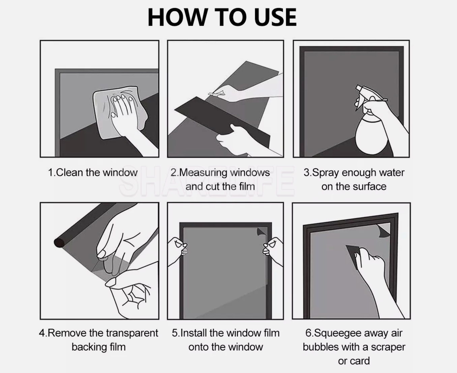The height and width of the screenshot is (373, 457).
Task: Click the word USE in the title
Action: (275, 17)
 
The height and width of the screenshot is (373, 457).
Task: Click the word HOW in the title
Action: (177, 17)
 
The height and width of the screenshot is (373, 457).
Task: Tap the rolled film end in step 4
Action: (59, 243)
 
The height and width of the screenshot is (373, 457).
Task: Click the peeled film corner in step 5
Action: (261, 232)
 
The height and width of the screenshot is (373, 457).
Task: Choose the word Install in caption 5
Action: (193, 333)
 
